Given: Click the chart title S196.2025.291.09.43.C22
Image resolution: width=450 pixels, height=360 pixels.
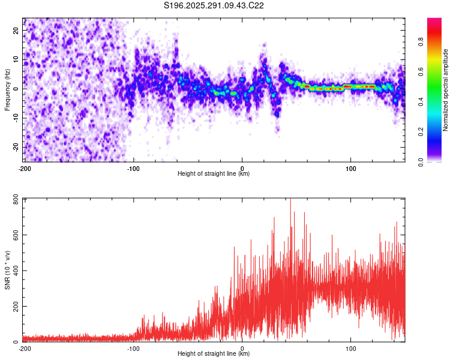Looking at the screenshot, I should (214, 5).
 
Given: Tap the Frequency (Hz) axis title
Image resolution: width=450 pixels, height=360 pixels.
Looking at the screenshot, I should (7, 89).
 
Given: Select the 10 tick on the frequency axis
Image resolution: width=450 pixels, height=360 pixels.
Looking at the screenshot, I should (17, 59).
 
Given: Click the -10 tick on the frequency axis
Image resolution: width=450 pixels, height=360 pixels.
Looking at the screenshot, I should (16, 118).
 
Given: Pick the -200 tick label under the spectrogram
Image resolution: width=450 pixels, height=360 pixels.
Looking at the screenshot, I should (25, 168).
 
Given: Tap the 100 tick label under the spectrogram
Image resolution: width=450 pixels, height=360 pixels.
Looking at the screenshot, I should (350, 168).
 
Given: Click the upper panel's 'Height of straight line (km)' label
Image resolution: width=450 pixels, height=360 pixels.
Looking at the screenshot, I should (214, 174).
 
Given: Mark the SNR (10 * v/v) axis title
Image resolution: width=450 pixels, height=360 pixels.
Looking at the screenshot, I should (7, 269).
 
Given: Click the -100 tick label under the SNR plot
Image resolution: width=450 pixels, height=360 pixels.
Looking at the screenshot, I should (133, 348).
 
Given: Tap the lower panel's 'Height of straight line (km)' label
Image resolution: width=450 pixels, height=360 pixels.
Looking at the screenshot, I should (214, 354).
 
